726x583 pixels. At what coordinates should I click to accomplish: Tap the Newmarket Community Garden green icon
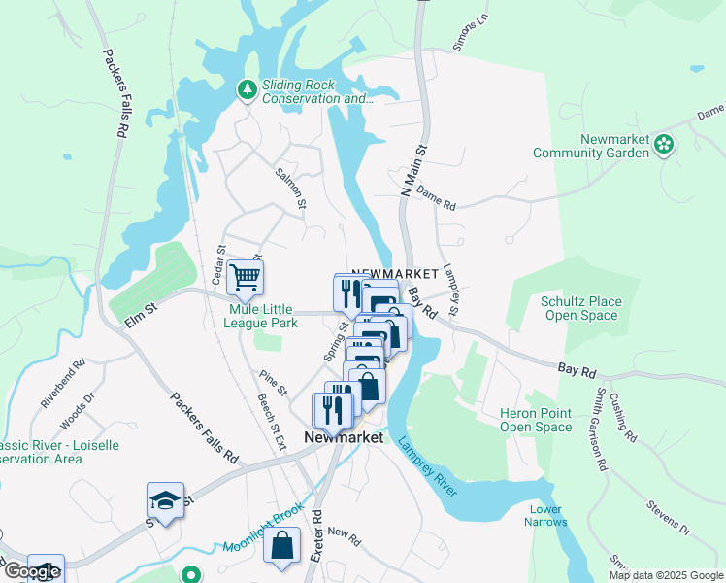click(x=665, y=146)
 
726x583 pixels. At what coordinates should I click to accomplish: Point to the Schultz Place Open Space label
click(x=581, y=308)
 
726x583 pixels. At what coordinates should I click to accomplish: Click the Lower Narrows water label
click(x=547, y=516)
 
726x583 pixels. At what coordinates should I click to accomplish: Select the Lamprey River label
click(x=426, y=463)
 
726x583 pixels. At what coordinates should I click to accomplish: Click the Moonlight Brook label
click(x=263, y=529)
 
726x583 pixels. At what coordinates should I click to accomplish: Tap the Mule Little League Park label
click(x=262, y=317)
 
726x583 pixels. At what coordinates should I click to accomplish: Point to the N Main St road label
click(x=413, y=171)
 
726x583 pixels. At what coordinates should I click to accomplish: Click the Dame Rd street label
click(x=436, y=200)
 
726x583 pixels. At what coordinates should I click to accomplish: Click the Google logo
click(x=32, y=572)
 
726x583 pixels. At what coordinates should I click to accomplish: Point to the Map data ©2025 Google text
click(x=665, y=575)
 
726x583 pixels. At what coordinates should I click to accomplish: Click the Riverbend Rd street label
click(x=63, y=384)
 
